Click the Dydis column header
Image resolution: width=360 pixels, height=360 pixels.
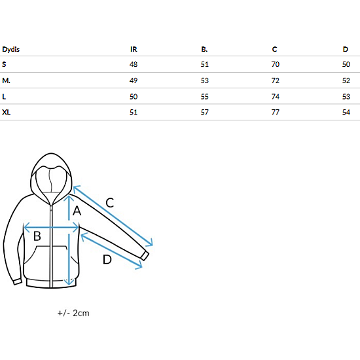pyautogui.click(x=10, y=49)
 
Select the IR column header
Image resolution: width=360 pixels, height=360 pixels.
pyautogui.click(x=134, y=49)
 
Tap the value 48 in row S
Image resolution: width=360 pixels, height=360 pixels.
pyautogui.click(x=134, y=64)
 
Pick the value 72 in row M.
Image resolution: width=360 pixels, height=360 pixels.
pyautogui.click(x=276, y=81)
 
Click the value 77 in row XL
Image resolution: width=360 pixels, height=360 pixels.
pyautogui.click(x=276, y=113)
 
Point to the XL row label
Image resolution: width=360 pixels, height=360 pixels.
pyautogui.click(x=6, y=113)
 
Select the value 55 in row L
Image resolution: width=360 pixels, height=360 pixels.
pyautogui.click(x=205, y=97)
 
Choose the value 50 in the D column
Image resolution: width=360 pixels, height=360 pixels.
pyautogui.click(x=346, y=64)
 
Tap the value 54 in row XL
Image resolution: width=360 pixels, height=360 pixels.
pyautogui.click(x=346, y=113)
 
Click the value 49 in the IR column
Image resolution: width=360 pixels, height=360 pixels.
pyautogui.click(x=134, y=81)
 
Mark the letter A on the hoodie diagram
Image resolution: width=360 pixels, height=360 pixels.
pyautogui.click(x=77, y=211)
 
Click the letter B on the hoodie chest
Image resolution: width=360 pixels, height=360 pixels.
pyautogui.click(x=37, y=236)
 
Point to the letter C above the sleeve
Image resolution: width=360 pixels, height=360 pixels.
pyautogui.click(x=110, y=203)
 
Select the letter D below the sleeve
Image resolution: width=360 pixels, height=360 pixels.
pyautogui.click(x=107, y=259)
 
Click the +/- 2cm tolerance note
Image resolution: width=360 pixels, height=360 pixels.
pyautogui.click(x=73, y=313)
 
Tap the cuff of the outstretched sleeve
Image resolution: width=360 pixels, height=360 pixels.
pyautogui.click(x=145, y=255)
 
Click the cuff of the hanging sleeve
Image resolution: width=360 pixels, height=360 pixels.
pyautogui.click(x=18, y=281)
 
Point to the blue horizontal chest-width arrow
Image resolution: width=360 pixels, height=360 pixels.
pyautogui.click(x=51, y=228)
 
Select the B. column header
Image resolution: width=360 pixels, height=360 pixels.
pyautogui.click(x=204, y=49)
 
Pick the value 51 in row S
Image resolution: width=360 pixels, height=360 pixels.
pyautogui.click(x=205, y=64)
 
